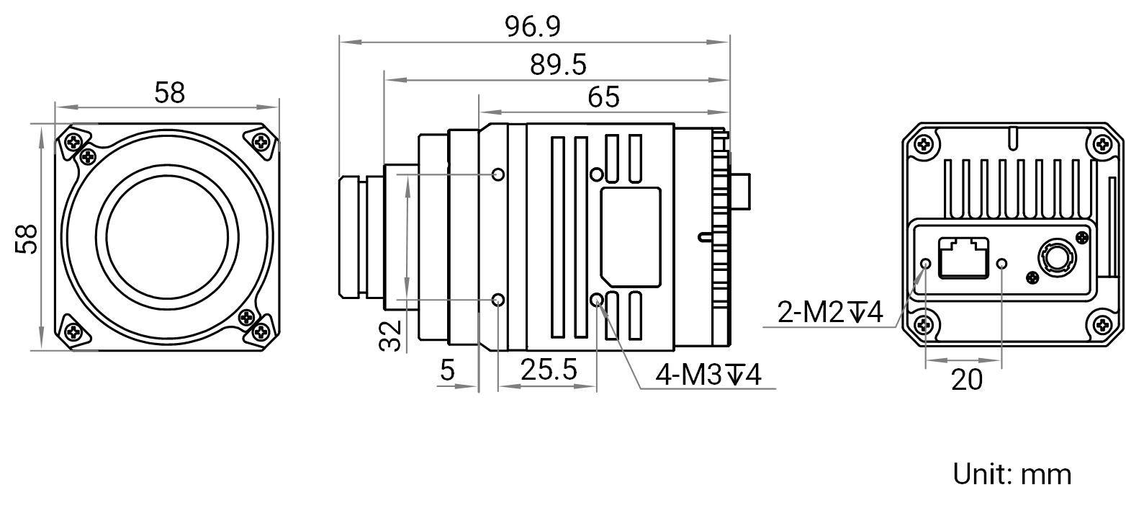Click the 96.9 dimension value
[x=532, y=27]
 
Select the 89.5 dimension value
[x=558, y=65]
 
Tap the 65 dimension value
[x=603, y=97]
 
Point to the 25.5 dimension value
[x=549, y=370]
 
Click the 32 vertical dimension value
[x=390, y=336]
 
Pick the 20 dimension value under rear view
[x=967, y=380]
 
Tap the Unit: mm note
[x=1012, y=474]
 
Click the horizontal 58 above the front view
[x=169, y=93]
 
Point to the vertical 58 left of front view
[x=26, y=239]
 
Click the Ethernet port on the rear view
[x=963, y=257]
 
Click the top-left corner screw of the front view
[x=74, y=142]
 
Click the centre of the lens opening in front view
[x=167, y=237]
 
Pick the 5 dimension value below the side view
[x=447, y=370]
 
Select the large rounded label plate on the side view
[x=631, y=237]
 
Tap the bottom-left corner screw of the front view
[x=74, y=331]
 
